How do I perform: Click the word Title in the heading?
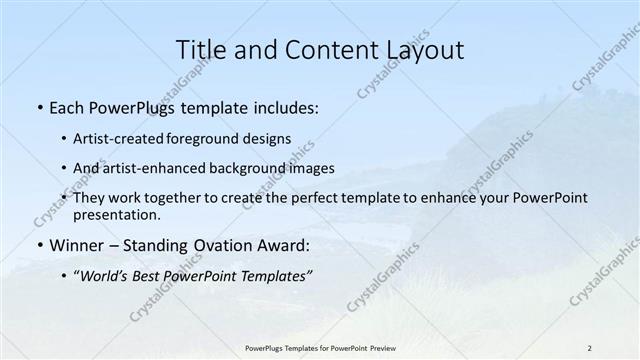[198, 50]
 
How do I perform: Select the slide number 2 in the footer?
[590, 347]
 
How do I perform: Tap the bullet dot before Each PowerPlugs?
[39, 107]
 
